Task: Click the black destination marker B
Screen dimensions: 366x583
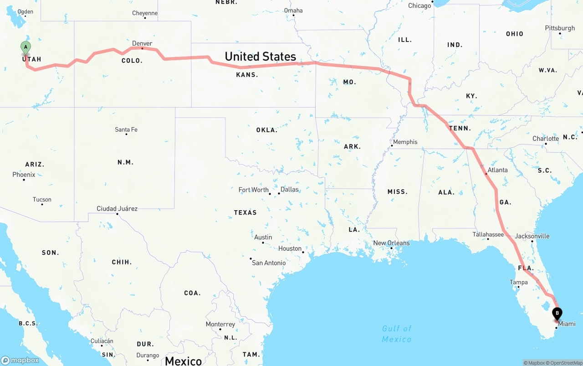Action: (x=557, y=314)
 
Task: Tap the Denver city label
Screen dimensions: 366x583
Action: (x=142, y=44)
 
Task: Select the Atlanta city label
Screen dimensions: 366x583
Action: (x=497, y=170)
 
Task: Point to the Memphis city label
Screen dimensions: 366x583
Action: (x=405, y=142)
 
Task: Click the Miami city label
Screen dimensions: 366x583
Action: (x=567, y=324)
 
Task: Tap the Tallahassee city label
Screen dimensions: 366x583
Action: (x=488, y=234)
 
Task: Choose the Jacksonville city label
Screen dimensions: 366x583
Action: (x=532, y=236)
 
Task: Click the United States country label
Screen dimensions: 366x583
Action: (x=260, y=57)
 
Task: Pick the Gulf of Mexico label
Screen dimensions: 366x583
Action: (x=397, y=334)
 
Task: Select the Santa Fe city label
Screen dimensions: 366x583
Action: (x=126, y=129)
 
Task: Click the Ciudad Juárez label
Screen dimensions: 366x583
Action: (x=117, y=209)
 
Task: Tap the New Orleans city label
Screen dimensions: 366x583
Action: (x=391, y=243)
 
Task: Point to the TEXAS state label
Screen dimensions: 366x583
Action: (x=245, y=212)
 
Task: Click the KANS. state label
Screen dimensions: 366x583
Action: (x=247, y=75)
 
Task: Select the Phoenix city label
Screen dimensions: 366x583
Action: (x=24, y=175)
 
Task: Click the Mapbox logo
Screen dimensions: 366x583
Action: (x=20, y=360)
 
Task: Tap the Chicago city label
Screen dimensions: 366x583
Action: (x=419, y=5)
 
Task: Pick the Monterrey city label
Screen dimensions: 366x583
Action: (x=220, y=325)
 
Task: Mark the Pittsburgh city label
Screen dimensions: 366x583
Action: (x=560, y=28)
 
